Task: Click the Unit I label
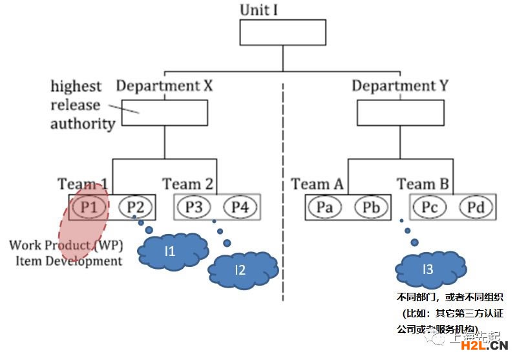click(263, 10)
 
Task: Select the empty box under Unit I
click(283, 32)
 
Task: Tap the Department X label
click(164, 85)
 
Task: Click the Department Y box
click(400, 112)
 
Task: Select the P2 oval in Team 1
click(135, 207)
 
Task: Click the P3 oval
click(193, 207)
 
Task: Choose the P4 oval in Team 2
click(240, 207)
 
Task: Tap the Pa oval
click(325, 207)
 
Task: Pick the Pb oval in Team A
click(372, 207)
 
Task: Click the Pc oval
click(429, 207)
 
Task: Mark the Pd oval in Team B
click(476, 207)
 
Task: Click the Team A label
click(317, 184)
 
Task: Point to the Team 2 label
click(187, 184)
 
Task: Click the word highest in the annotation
click(76, 86)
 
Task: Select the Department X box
click(164, 112)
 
